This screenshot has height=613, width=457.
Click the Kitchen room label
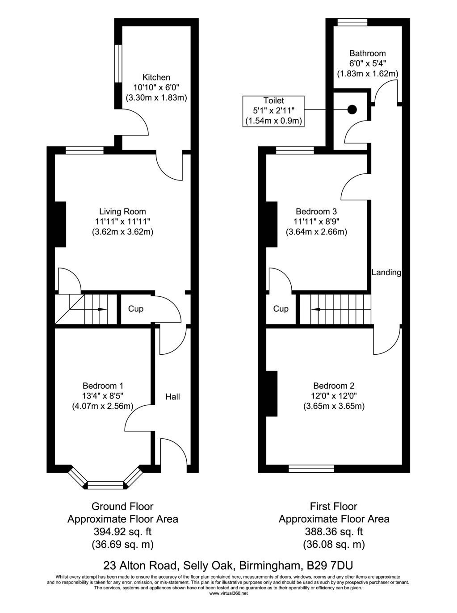(x=156, y=77)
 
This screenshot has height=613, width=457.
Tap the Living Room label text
(x=122, y=211)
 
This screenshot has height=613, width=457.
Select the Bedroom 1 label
(x=103, y=386)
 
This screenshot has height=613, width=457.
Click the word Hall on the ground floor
(x=172, y=397)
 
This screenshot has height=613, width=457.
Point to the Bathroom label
(x=367, y=53)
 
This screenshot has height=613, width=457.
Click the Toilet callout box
(x=273, y=111)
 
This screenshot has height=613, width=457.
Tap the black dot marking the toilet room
(x=352, y=109)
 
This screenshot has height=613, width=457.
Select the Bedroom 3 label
(x=316, y=211)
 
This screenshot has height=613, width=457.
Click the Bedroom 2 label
(x=334, y=386)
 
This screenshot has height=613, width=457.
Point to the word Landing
(x=386, y=272)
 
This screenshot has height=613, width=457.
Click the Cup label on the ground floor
(x=136, y=309)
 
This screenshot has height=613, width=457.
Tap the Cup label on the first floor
(x=281, y=309)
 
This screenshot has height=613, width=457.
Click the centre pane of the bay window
(x=105, y=485)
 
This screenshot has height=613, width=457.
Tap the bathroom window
(x=352, y=22)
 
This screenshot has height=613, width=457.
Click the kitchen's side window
(x=118, y=63)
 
